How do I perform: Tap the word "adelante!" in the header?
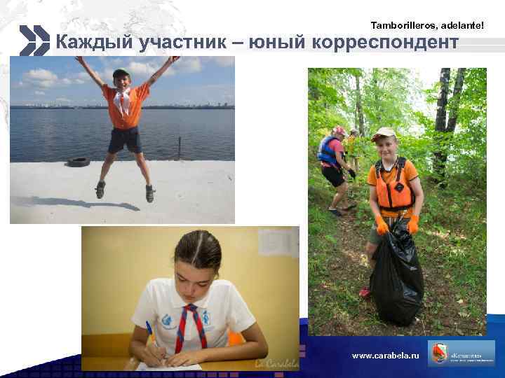[x=462, y=25]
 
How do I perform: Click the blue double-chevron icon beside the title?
[x=33, y=41]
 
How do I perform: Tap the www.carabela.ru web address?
[x=385, y=356]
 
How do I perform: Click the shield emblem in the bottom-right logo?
[x=440, y=354]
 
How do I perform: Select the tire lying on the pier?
[x=78, y=162]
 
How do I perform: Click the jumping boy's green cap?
[x=121, y=72]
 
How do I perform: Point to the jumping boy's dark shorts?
[x=125, y=139]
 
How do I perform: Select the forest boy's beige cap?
[x=384, y=132]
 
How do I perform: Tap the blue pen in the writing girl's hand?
[x=149, y=330]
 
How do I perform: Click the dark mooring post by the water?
[x=180, y=148]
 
